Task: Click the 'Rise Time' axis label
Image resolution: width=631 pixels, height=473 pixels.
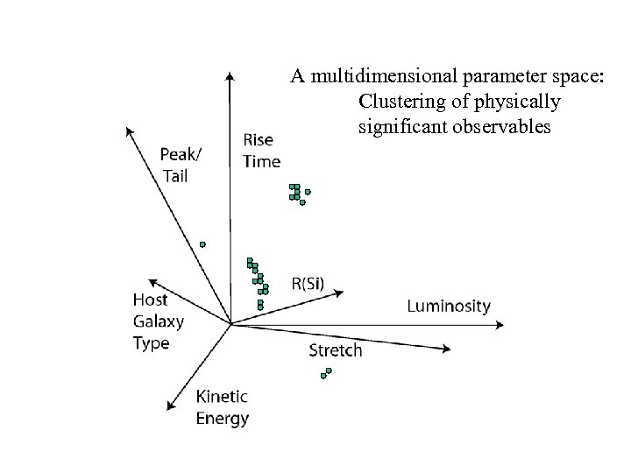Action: (261, 150)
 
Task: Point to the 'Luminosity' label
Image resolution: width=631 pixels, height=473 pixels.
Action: (449, 306)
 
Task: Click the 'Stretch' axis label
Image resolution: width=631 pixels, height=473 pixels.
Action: (336, 350)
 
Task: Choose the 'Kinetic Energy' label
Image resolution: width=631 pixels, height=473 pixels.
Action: (223, 406)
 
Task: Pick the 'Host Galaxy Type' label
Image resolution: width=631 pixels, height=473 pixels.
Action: (158, 321)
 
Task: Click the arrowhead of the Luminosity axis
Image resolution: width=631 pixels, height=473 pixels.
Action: (500, 323)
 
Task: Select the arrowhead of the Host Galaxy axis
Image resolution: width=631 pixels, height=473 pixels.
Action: (151, 281)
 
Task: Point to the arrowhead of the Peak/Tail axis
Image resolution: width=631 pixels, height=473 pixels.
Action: (129, 131)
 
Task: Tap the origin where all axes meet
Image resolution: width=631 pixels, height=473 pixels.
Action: (230, 324)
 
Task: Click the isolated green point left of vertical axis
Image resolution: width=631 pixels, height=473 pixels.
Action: (202, 244)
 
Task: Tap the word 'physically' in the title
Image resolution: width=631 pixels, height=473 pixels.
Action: (516, 102)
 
